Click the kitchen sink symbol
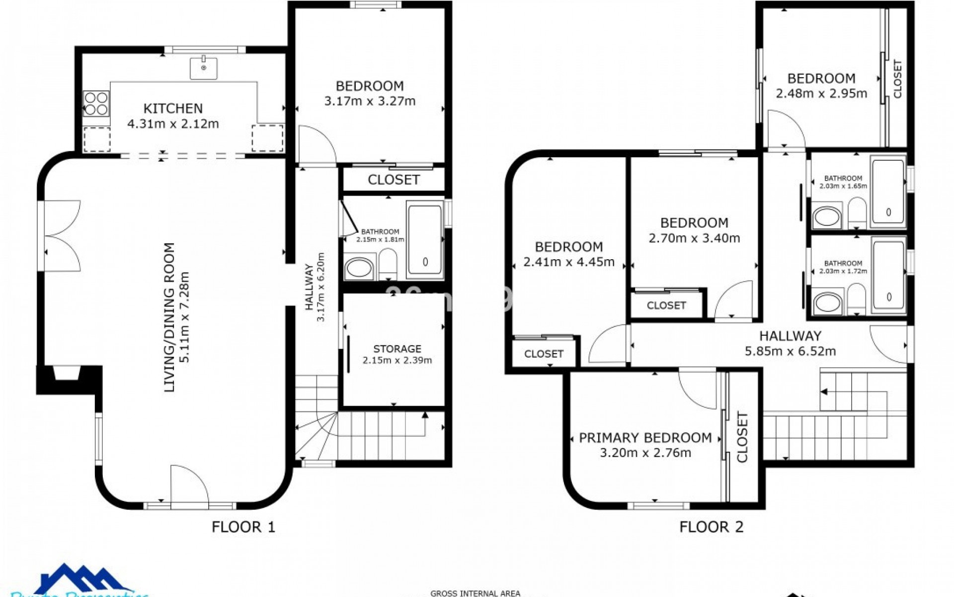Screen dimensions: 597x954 203,68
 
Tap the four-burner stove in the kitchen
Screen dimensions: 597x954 96,103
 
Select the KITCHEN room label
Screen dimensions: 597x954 173,108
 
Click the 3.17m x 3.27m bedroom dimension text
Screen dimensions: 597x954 370,101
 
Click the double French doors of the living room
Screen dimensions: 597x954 61,235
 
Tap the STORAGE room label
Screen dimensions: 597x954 397,349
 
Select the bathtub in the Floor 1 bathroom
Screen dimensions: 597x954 425,241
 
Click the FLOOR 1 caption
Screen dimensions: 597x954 243,526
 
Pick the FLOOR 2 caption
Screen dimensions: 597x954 711,526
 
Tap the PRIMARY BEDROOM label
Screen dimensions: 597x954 645,438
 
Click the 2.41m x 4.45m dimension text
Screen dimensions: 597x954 569,262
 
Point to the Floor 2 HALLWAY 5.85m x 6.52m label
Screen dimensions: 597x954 790,343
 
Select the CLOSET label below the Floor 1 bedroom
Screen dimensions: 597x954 394,180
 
